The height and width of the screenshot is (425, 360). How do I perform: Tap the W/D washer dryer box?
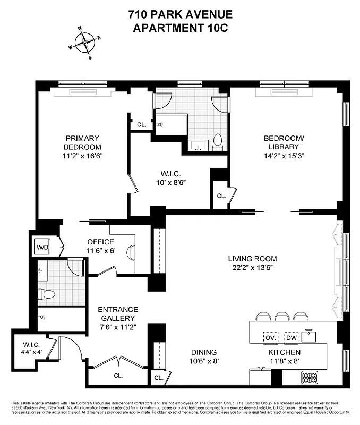tap(42, 246)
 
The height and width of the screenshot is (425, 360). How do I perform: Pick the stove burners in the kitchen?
tap(310, 378)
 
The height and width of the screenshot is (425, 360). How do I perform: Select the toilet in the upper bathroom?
tap(217, 141)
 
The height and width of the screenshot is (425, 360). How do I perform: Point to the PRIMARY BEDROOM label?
tap(82, 143)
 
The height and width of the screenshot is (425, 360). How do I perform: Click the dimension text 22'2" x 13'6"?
tap(252, 268)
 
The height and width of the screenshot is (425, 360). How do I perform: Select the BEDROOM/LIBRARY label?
tap(284, 143)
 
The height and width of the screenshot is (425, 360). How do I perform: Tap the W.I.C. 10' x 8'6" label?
tap(172, 177)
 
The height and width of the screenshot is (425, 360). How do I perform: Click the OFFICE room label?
tap(100, 242)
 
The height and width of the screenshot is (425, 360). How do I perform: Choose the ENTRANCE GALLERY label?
tap(118, 313)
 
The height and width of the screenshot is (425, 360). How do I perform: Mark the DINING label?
tap(204, 352)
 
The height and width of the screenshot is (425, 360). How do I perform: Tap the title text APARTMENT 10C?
tap(180, 28)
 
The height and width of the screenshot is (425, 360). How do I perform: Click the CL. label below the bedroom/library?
tap(221, 196)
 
